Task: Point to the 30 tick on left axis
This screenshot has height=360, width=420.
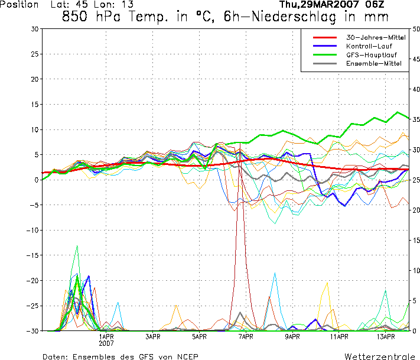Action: (x=34, y=29)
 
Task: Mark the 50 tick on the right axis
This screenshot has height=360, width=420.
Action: (x=416, y=29)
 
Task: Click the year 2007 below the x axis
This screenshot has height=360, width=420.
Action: (x=106, y=343)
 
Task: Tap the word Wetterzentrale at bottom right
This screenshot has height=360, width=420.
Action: (x=379, y=356)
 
